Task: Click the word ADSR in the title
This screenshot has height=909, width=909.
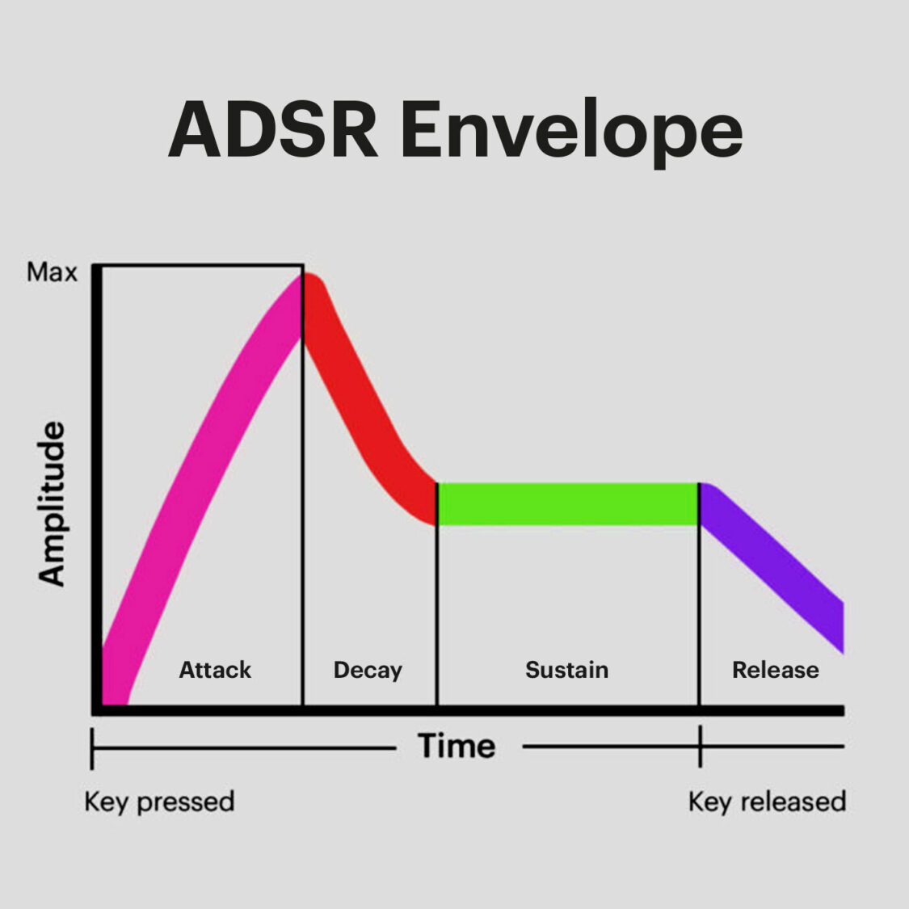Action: pos(273,129)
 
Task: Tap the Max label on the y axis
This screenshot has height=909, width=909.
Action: pos(52,272)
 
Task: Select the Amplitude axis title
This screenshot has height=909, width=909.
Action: pos(52,503)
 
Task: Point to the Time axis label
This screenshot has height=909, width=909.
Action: pos(457,746)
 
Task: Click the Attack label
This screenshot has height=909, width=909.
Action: pos(215,670)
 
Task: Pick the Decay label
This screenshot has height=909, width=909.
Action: pos(368,670)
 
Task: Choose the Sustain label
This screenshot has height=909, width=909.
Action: pos(566,670)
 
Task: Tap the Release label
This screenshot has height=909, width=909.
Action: pos(775,670)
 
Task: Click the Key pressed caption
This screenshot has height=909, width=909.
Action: pos(159,802)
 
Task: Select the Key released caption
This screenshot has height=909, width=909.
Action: pos(767,802)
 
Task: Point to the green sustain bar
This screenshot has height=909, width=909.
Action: pos(566,504)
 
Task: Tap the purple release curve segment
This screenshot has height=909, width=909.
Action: pos(776,566)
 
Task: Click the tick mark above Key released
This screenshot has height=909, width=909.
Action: pos(700,746)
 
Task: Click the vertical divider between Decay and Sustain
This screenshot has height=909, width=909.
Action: pos(437,614)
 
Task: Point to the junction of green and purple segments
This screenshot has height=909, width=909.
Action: pos(699,504)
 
